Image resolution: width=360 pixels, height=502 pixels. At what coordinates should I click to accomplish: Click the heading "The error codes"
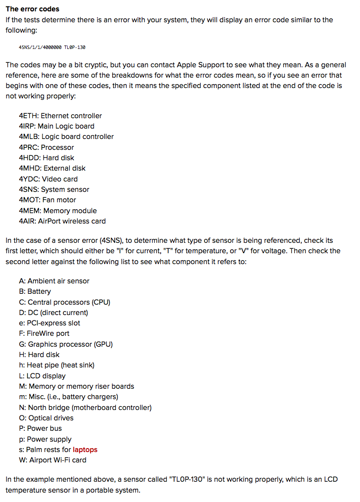click(x=32, y=9)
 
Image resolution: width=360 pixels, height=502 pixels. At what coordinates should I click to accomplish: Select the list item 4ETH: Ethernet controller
click(x=60, y=116)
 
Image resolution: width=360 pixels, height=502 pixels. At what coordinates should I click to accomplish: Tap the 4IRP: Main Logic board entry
click(x=56, y=126)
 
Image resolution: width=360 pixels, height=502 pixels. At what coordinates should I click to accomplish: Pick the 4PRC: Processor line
click(x=46, y=147)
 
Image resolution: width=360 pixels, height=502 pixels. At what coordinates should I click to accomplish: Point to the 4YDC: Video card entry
click(x=48, y=179)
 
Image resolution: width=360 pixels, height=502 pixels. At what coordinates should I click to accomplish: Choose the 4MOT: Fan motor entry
click(x=47, y=200)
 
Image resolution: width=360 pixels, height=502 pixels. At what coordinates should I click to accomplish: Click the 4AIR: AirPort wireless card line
click(x=62, y=221)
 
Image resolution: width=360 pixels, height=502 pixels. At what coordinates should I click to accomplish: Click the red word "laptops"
click(x=85, y=450)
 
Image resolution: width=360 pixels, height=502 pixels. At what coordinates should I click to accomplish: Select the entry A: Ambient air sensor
click(x=54, y=281)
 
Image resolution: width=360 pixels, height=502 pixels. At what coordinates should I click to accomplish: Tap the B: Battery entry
click(x=35, y=291)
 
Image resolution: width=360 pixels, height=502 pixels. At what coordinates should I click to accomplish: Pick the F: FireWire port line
click(x=44, y=333)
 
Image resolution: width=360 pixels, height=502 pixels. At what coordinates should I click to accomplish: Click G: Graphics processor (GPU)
click(x=66, y=344)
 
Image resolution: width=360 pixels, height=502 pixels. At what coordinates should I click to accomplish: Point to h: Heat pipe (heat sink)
click(x=56, y=365)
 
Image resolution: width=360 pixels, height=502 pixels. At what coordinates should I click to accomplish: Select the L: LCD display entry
click(x=42, y=376)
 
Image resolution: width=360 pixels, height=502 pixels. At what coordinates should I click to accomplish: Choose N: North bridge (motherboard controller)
click(x=85, y=408)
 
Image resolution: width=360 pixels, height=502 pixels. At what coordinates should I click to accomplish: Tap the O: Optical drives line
click(x=46, y=418)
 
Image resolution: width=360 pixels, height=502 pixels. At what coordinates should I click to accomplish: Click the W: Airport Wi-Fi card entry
click(x=52, y=460)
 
